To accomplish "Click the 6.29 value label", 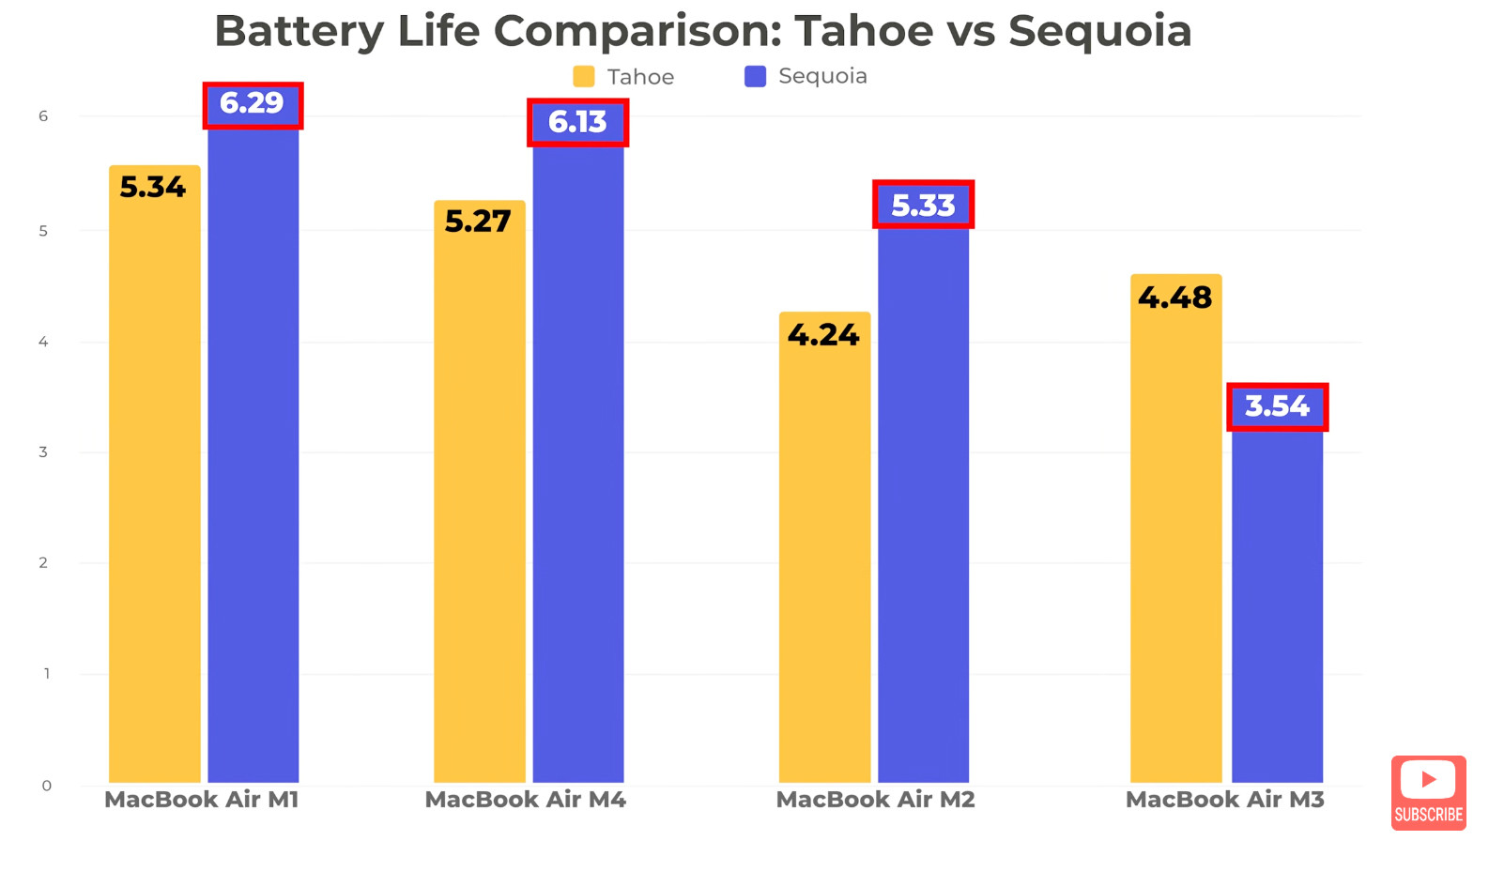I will pyautogui.click(x=253, y=104).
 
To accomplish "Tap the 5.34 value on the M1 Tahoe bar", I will pyautogui.click(x=153, y=188).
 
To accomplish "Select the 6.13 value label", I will pyautogui.click(x=577, y=123).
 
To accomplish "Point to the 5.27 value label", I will pyautogui.click(x=478, y=222).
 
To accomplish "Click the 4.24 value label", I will pyautogui.click(x=823, y=335).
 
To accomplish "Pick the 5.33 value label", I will pyautogui.click(x=923, y=206).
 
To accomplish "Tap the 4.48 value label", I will pyautogui.click(x=1174, y=298).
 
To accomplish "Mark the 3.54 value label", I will pyautogui.click(x=1277, y=407).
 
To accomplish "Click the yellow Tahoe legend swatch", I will pyautogui.click(x=584, y=77).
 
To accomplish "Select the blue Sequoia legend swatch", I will pyautogui.click(x=755, y=77).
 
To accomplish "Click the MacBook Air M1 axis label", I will pyautogui.click(x=201, y=800).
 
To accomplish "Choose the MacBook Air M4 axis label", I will pyautogui.click(x=525, y=800).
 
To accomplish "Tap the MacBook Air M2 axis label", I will pyautogui.click(x=875, y=800).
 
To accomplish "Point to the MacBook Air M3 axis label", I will pyautogui.click(x=1224, y=800).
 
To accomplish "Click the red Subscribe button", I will pyautogui.click(x=1428, y=793).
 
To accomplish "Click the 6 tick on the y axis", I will pyautogui.click(x=43, y=116).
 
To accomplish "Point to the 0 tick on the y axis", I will pyautogui.click(x=46, y=786).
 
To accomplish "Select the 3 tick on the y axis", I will pyautogui.click(x=43, y=452).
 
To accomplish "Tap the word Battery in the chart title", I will pyautogui.click(x=299, y=32).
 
